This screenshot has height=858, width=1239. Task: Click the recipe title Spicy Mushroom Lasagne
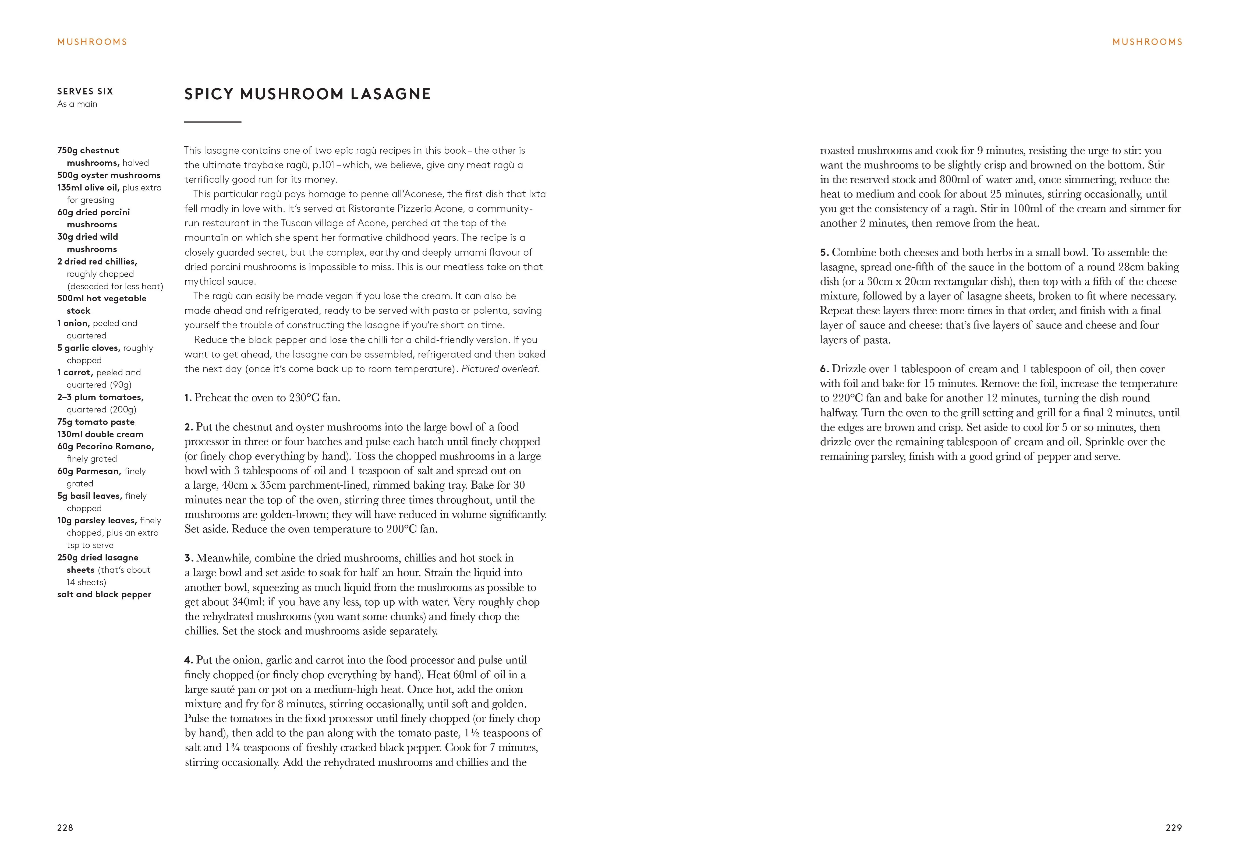point(307,94)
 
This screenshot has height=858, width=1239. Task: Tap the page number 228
point(65,828)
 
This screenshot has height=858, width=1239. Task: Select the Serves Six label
point(85,91)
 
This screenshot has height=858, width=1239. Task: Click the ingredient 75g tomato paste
point(96,422)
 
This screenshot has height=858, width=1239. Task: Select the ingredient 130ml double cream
point(100,434)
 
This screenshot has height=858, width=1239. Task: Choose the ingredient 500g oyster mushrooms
point(109,175)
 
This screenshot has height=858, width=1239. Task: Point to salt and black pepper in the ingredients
point(104,595)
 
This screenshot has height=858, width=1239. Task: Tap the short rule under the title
point(213,122)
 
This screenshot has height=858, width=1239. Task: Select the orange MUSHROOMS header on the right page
point(1147,42)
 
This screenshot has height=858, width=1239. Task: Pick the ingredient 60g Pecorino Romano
point(105,447)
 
